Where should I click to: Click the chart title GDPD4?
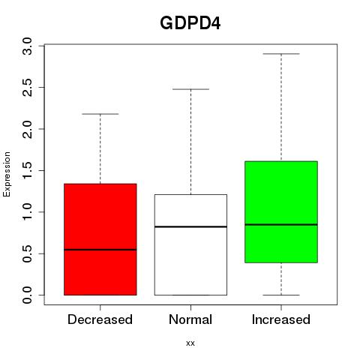click(190, 23)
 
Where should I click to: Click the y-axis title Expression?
click(7, 174)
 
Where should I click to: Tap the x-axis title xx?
click(190, 343)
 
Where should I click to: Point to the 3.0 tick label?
click(27, 46)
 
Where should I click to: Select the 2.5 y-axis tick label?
click(27, 88)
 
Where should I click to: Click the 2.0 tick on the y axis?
click(27, 129)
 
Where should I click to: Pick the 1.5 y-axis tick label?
click(27, 171)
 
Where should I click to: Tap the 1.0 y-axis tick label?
click(27, 212)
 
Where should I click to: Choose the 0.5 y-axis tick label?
click(27, 253)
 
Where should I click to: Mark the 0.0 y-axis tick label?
click(27, 295)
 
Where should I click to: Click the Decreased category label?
click(100, 319)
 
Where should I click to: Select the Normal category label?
click(190, 319)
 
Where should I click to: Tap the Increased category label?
click(281, 319)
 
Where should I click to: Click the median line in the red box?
click(100, 250)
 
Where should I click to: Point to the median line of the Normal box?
click(190, 226)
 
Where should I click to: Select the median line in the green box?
click(281, 224)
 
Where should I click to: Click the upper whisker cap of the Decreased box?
click(100, 114)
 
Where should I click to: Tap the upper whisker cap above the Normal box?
click(190, 89)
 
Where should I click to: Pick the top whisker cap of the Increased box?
click(281, 54)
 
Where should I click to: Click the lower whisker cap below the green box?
click(281, 295)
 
